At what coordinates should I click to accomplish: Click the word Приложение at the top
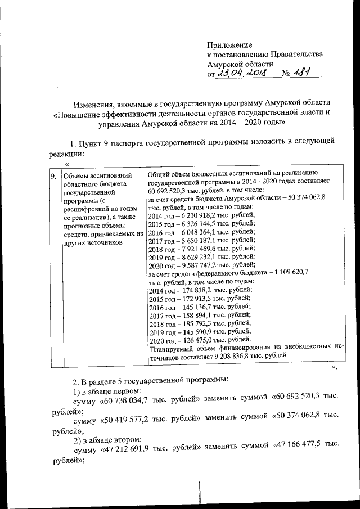229,44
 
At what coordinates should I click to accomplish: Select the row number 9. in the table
54,176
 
